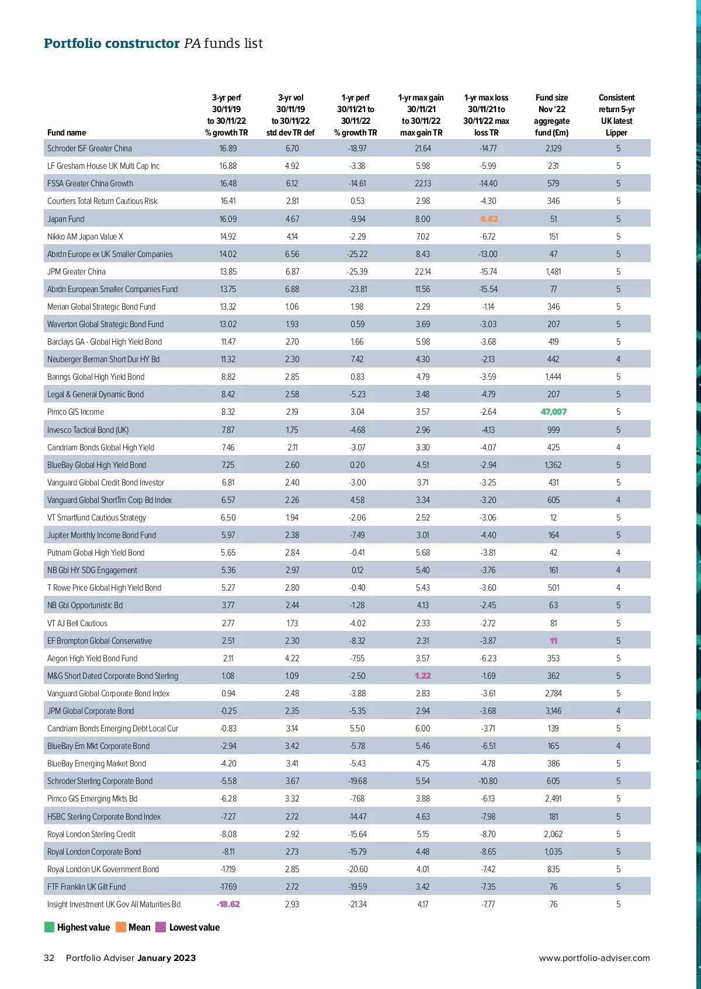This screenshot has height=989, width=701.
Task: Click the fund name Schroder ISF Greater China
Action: pos(89,148)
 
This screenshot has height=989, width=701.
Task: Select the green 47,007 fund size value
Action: pos(553,412)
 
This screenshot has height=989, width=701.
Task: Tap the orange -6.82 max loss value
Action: pos(488,219)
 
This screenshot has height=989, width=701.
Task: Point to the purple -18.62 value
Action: pos(228,904)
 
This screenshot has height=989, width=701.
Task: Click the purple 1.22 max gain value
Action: pos(422,676)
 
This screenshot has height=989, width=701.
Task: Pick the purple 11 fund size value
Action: pos(553,641)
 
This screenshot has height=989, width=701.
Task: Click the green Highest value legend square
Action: pos(50,927)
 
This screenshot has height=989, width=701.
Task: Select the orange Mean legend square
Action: pos(121,927)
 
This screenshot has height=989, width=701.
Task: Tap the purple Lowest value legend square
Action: pos(161,927)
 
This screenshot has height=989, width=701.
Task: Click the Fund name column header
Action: pos(67,133)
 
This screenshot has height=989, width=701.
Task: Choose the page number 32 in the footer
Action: pos(49,958)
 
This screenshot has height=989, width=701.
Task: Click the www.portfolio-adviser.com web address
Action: pos(594,958)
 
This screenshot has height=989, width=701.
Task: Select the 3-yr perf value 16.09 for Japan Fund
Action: pos(228,219)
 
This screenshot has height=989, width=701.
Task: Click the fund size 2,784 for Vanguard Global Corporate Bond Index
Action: pos(553,693)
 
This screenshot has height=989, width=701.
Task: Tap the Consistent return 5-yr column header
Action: pos(616,115)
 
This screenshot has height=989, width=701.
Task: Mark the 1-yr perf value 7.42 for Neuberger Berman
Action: pos(357,359)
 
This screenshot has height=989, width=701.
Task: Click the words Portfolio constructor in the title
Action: pos(112,43)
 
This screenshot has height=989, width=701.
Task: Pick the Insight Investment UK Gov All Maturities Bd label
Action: pos(114,904)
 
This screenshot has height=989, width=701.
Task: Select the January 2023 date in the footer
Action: pos(166,958)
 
